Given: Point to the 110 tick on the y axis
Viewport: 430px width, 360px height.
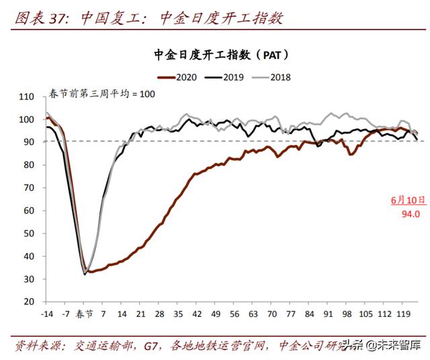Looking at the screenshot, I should (27, 97).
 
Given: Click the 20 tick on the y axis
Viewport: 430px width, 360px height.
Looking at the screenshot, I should (29, 302).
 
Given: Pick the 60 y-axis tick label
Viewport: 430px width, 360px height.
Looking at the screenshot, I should (29, 211).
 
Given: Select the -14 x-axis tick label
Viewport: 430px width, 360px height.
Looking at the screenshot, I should (47, 314).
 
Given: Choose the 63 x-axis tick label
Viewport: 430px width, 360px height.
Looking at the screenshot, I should (253, 314).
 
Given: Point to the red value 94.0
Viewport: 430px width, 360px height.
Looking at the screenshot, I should (409, 214).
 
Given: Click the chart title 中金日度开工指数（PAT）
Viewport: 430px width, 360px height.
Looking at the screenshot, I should (219, 54).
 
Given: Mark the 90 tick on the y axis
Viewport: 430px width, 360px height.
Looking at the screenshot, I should (29, 142).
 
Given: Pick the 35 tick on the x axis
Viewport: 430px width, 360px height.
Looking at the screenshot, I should (178, 314).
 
